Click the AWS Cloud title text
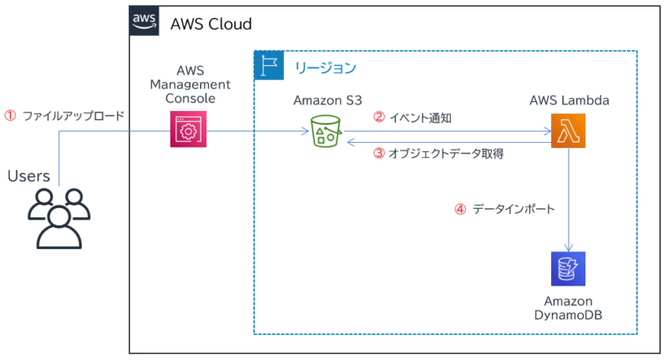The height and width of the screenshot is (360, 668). (x=210, y=23)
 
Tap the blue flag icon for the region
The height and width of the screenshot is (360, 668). (x=269, y=65)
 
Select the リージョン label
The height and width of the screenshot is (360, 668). (x=325, y=66)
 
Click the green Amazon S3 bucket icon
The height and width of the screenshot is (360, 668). (x=326, y=131)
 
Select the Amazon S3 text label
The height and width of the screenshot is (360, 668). (x=327, y=100)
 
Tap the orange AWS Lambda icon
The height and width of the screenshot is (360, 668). (x=569, y=131)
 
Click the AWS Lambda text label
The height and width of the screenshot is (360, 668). (x=569, y=100)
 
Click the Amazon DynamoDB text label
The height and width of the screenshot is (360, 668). (x=569, y=307)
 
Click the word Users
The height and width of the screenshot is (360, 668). (x=28, y=176)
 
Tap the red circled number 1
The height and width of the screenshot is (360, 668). (x=11, y=115)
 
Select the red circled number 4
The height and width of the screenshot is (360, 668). (x=459, y=210)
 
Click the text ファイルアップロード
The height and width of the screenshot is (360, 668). (x=73, y=115)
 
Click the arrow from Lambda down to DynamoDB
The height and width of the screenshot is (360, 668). (x=569, y=200)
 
